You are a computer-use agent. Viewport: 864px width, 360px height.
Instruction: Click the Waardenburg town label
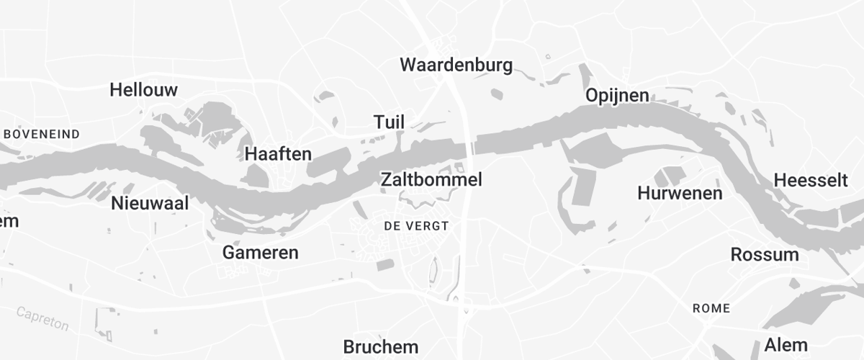(456, 65)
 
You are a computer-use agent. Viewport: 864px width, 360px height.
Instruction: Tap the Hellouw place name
(143, 90)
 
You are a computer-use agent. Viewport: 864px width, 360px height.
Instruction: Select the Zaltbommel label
(431, 179)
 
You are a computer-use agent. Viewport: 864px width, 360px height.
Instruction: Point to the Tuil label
(389, 122)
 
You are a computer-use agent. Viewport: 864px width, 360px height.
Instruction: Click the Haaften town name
(278, 153)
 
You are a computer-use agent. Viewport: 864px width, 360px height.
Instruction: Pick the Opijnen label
(616, 95)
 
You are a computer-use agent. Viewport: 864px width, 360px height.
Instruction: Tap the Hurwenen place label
(680, 193)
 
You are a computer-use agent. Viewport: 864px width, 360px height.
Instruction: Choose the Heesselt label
(811, 180)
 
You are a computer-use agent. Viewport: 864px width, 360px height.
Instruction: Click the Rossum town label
(765, 254)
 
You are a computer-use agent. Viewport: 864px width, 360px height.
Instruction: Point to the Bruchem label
(380, 346)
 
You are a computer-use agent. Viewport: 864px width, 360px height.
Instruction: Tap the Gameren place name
(260, 253)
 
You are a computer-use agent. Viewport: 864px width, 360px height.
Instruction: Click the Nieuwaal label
(150, 203)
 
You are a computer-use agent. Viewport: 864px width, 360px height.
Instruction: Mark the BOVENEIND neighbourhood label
(42, 134)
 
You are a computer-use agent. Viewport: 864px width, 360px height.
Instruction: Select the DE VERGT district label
(416, 226)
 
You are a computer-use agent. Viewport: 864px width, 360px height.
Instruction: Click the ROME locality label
(711, 308)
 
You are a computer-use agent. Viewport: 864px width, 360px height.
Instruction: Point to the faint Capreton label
(42, 318)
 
